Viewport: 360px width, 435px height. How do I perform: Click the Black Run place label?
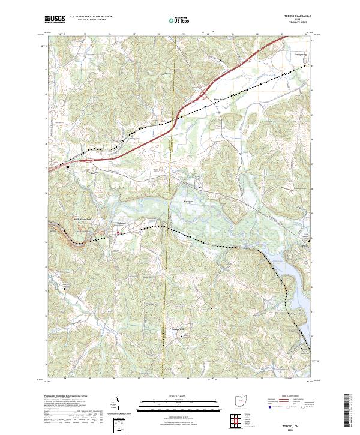click(220, 100)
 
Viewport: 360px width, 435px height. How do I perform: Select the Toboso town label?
click(121, 223)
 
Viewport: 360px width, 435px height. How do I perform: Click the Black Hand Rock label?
click(83, 219)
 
